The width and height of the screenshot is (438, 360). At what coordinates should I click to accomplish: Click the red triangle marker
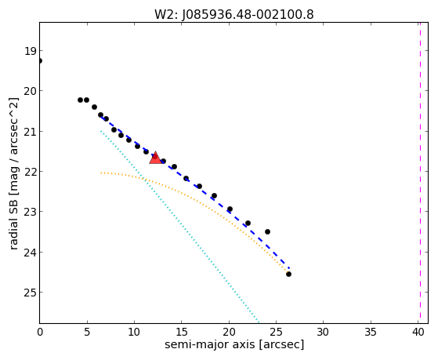155,158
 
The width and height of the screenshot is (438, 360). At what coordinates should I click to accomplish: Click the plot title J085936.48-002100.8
248,14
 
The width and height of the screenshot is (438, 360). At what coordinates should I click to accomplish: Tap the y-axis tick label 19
30,51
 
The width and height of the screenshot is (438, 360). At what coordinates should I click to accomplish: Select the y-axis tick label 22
30,172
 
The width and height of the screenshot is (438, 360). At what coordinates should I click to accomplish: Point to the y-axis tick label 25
30,293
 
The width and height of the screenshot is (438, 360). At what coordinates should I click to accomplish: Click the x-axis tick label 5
87,332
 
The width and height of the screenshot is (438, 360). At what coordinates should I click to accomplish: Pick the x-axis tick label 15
182,332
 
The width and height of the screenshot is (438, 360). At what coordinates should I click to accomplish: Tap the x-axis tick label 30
323,332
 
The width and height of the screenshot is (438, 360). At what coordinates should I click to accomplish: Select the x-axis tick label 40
418,332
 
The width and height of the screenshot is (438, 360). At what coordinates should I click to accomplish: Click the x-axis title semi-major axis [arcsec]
234,344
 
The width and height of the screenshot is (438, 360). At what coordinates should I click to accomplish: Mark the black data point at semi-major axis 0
40,60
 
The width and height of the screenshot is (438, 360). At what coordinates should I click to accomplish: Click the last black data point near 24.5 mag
288,275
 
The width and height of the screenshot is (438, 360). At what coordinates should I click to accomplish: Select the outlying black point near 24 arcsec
267,231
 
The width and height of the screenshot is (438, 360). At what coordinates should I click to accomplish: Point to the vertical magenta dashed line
420,173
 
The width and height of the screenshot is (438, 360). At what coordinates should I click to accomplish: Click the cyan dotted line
179,226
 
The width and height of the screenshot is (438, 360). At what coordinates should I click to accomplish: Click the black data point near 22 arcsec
248,223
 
